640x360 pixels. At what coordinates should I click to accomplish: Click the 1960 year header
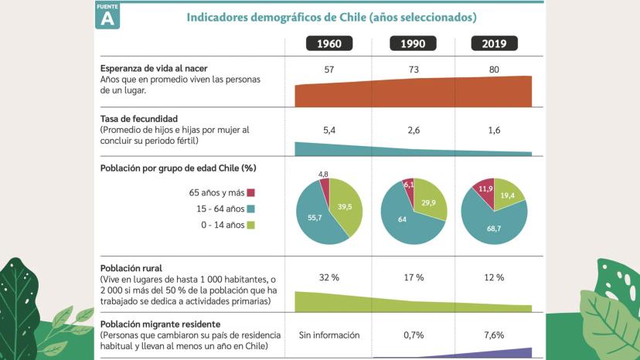tap(329, 44)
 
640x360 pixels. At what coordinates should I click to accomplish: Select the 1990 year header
tap(414, 44)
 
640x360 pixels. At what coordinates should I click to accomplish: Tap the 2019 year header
tap(495, 44)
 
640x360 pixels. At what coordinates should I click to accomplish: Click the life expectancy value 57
tap(329, 70)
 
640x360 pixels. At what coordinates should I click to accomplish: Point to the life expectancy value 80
tap(495, 70)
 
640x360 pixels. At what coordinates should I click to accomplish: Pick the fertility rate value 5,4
tap(329, 131)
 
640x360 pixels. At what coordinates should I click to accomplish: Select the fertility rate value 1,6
tap(495, 131)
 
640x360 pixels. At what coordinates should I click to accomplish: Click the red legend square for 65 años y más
tap(251, 192)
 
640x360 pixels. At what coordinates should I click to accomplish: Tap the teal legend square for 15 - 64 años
tap(251, 209)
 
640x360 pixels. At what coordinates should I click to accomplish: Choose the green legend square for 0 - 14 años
tap(251, 225)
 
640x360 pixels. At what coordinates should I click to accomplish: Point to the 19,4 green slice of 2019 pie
tap(509, 197)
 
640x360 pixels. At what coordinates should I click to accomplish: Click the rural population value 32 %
tap(329, 277)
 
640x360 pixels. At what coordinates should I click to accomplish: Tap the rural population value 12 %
tap(495, 277)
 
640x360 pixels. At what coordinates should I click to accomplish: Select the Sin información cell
tap(329, 335)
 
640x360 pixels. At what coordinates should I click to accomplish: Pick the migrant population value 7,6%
tap(495, 335)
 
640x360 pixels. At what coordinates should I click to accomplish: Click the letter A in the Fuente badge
tap(107, 19)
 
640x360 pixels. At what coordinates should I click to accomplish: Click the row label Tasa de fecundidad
tap(139, 119)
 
